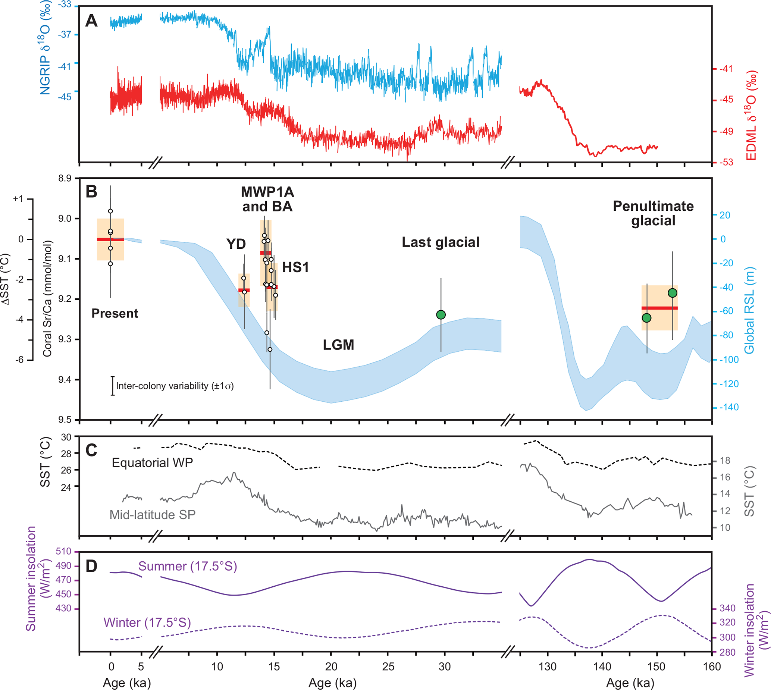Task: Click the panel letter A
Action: point(91,21)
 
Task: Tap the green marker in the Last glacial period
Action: point(441,315)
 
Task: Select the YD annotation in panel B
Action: point(236,244)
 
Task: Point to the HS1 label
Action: point(295,268)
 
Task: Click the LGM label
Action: point(338,345)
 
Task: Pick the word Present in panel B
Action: point(115,314)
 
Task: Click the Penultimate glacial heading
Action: point(653,213)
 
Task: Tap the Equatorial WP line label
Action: point(153,463)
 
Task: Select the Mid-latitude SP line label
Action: point(153,515)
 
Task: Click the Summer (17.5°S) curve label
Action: point(188,566)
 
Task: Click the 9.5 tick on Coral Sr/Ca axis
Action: point(64,420)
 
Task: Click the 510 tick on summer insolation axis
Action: point(64,552)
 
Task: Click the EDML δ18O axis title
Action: point(751,116)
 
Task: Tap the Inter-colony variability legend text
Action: point(175,386)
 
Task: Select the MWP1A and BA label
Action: point(267,200)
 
